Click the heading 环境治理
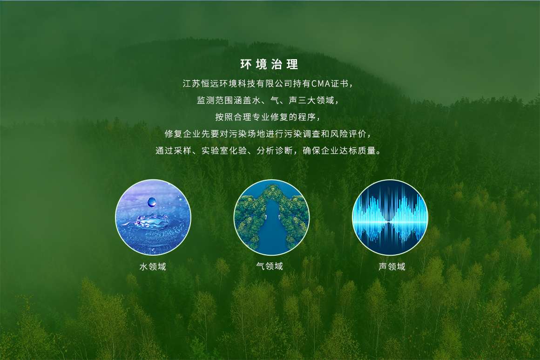click(269, 64)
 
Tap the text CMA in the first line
click(321, 83)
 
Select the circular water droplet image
click(153, 217)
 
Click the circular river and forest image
click(271, 217)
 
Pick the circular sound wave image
click(390, 217)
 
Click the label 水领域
click(153, 266)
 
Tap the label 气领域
click(270, 266)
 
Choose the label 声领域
click(392, 266)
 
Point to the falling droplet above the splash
click(152, 202)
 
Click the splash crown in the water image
click(152, 221)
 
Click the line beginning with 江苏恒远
click(268, 83)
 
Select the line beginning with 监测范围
click(268, 100)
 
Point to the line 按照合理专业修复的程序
click(268, 117)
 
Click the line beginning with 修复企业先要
click(268, 134)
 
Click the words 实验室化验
click(224, 150)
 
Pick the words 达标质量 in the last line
click(358, 150)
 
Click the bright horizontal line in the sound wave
click(390, 222)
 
